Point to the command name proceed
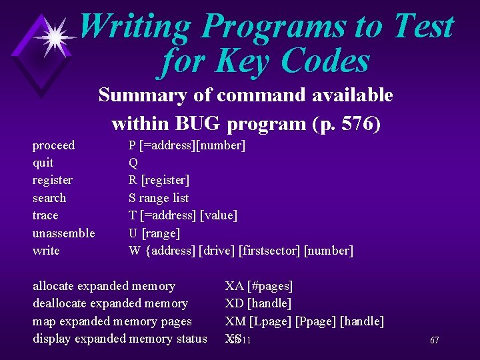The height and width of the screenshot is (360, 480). [53, 145]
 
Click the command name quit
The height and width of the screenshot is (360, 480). [43, 163]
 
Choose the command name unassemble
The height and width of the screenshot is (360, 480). [63, 233]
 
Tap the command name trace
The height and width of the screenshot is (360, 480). [45, 215]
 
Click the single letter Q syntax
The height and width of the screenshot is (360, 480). [133, 163]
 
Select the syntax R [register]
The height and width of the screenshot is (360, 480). [159, 180]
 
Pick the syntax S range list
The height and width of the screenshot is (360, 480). [159, 198]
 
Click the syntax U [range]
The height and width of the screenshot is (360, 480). [154, 233]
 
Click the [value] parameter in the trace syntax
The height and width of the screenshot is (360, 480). [219, 215]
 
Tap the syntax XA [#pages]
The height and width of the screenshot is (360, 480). [259, 286]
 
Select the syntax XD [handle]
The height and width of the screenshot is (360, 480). [258, 303]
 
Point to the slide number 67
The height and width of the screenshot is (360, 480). [434, 341]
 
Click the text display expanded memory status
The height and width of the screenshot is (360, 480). [120, 339]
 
